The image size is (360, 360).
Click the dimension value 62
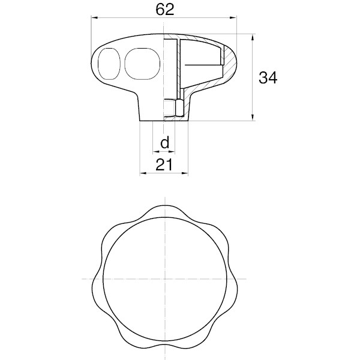(165, 10)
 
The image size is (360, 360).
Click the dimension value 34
(268, 77)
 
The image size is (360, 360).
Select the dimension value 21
(164, 164)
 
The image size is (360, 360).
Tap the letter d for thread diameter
(165, 142)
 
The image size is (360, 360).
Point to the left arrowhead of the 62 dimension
(95, 17)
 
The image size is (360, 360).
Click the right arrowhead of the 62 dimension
(233, 17)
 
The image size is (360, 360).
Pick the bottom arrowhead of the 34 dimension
(253, 117)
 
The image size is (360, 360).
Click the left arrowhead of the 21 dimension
(143, 173)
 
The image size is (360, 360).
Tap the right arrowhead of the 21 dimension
(185, 173)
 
